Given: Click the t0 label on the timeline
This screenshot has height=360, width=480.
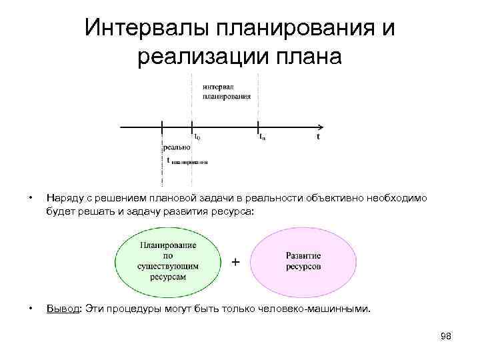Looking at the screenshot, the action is (x=197, y=137).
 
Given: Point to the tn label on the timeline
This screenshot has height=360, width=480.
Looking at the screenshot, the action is (x=263, y=137).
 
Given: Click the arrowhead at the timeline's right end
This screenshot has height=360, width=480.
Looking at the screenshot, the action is (x=321, y=126).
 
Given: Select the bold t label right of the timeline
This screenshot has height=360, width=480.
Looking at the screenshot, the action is (x=317, y=137).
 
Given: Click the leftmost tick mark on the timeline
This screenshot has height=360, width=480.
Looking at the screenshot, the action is (x=161, y=126).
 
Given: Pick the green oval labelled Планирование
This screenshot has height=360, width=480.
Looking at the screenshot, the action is (x=168, y=261).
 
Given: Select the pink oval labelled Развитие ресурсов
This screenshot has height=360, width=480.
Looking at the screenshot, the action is (x=303, y=261).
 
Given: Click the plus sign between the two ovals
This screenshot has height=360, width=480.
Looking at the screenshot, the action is (x=235, y=262).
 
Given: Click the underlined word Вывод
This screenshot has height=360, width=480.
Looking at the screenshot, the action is (x=61, y=309).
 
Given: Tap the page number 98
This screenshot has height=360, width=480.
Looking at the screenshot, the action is (x=446, y=337).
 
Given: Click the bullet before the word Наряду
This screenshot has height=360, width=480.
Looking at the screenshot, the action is (x=29, y=198).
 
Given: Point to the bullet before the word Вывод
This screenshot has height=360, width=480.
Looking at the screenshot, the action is (x=29, y=309).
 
